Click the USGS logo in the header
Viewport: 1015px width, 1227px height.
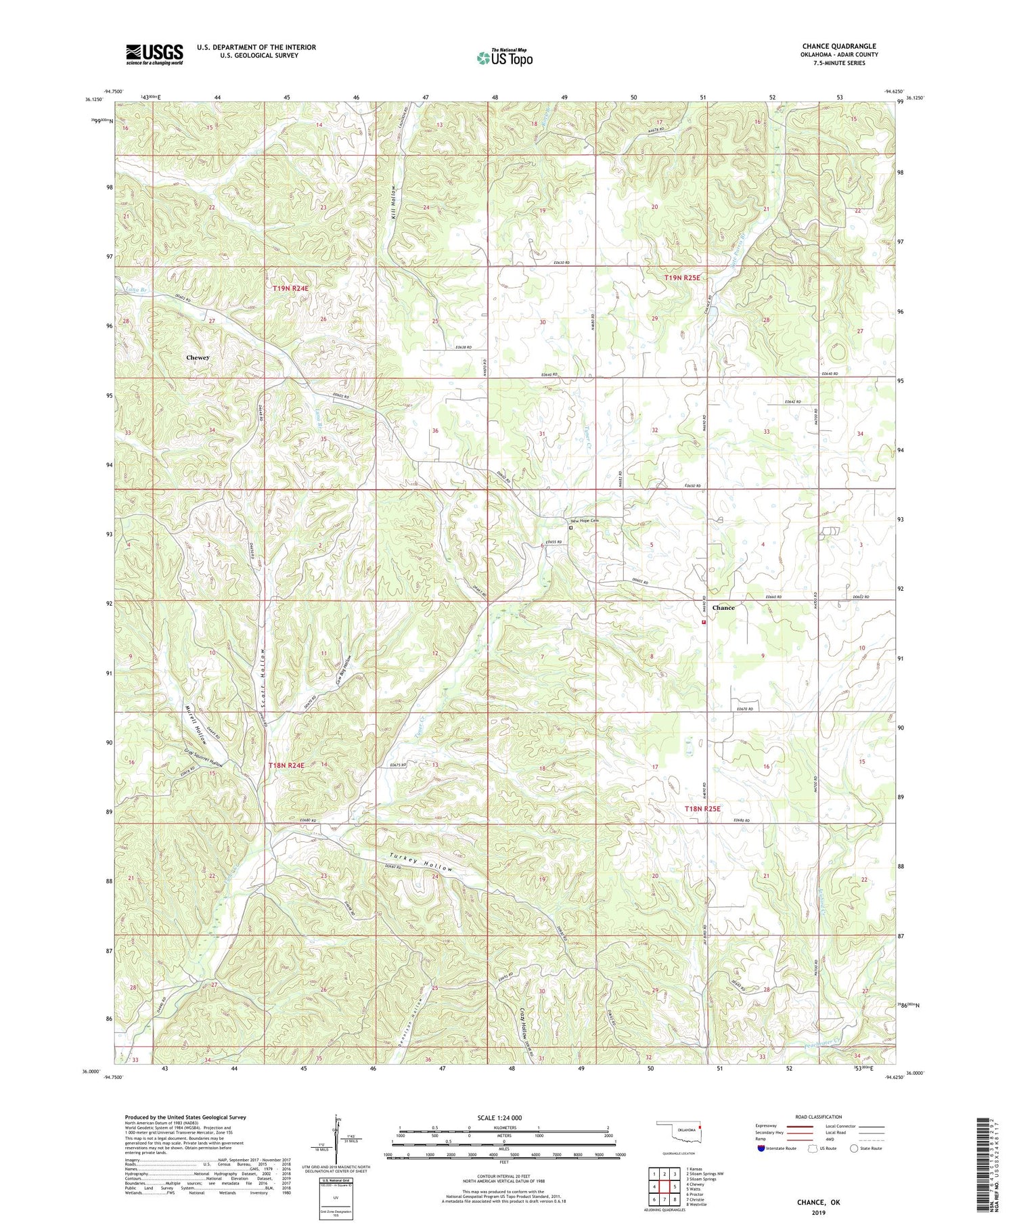[154, 55]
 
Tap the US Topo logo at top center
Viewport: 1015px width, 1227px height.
[504, 58]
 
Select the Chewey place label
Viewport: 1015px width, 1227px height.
[198, 357]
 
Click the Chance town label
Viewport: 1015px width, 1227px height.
[723, 608]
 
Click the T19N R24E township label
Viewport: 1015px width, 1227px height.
[290, 289]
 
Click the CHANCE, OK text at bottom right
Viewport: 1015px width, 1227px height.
[817, 1202]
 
